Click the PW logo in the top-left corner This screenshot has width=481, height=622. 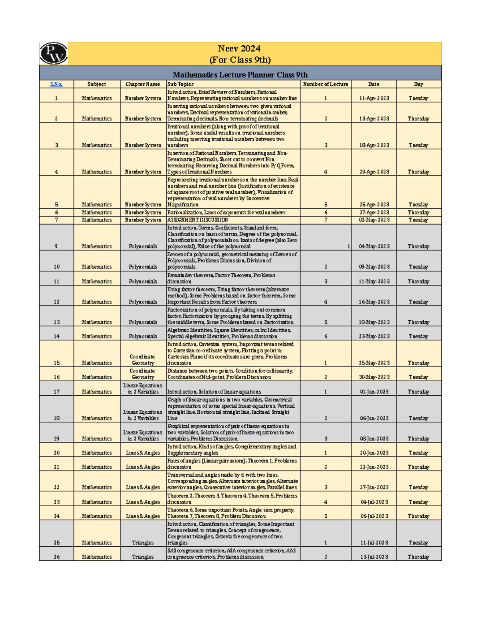coord(53,53)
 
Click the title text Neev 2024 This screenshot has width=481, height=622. coord(239,48)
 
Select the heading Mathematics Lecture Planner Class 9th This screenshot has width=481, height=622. coord(240,74)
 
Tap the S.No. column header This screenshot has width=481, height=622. coord(56,84)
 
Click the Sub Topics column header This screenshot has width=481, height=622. coord(180,84)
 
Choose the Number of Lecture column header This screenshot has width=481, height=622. coord(325,84)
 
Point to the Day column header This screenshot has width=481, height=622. coord(418,84)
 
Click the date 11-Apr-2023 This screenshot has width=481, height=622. coord(374,98)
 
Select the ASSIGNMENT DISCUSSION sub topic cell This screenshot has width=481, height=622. coord(198,220)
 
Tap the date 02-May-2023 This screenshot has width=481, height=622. coord(374,220)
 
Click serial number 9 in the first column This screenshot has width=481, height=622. coord(56,246)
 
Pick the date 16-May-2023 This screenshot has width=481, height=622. coord(374,302)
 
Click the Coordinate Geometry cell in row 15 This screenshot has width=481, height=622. coord(143,360)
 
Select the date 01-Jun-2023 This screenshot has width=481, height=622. coord(374,392)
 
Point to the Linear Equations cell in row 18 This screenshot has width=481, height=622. coord(143,415)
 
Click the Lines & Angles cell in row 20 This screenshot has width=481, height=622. coord(143,453)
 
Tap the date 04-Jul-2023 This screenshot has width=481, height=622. coord(374,502)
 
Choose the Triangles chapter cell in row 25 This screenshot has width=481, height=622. coord(143,543)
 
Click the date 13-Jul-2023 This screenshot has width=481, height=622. coord(374,557)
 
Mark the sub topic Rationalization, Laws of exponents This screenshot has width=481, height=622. coord(226,213)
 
